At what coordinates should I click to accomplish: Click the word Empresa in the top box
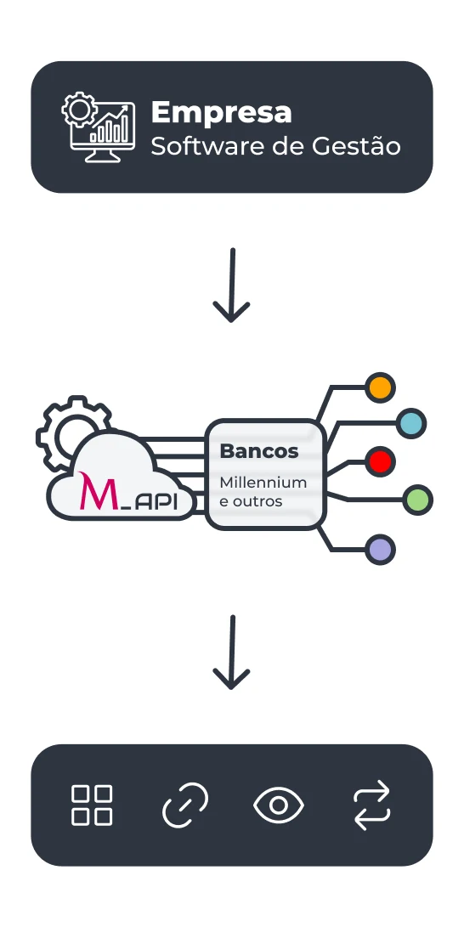(x=221, y=112)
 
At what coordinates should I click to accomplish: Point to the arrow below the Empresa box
(x=231, y=285)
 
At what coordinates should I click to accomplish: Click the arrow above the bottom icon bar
(x=231, y=653)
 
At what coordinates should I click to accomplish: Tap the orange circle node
(x=380, y=387)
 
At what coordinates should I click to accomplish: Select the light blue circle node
(x=411, y=422)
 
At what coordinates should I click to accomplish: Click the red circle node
(x=380, y=461)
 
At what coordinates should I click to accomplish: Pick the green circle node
(x=417, y=500)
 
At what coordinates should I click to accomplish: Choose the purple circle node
(x=380, y=550)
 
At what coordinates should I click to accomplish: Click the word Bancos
(x=259, y=450)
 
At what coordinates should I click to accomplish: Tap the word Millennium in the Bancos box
(x=263, y=482)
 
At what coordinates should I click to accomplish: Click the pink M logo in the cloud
(x=93, y=492)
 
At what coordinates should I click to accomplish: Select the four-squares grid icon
(x=92, y=805)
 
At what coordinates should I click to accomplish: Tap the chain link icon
(x=184, y=805)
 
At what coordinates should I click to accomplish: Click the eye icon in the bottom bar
(x=279, y=805)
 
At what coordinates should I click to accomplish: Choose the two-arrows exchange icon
(x=371, y=805)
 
